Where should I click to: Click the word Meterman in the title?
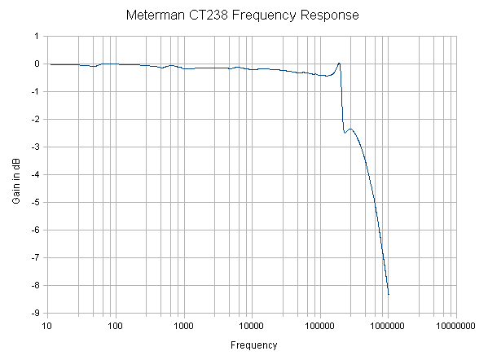[154, 15]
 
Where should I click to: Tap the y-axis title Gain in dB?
[16, 174]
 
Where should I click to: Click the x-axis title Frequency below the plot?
[253, 345]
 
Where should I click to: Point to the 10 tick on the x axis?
[47, 326]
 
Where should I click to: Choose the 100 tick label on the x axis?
[115, 326]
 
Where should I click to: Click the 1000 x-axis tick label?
[183, 326]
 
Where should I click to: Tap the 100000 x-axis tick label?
[319, 326]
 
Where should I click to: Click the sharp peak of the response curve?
[339, 64]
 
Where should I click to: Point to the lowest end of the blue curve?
[389, 294]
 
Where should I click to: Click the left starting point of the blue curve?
[51, 64]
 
